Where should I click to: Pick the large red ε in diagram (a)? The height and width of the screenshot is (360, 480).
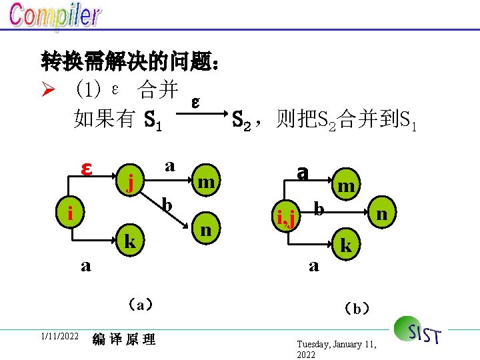tap(85, 168)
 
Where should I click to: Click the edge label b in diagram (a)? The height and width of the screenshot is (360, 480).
tap(168, 203)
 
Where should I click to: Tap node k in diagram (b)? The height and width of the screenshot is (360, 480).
tap(345, 245)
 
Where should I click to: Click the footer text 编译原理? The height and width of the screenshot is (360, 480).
tap(124, 339)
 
